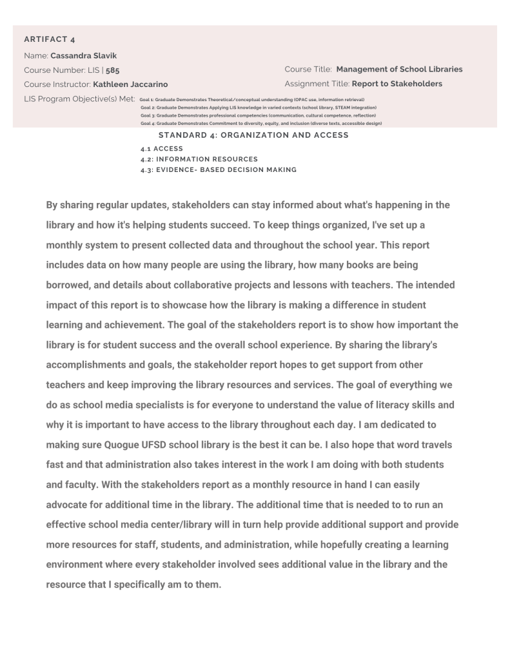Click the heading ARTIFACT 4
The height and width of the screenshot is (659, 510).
tap(50, 40)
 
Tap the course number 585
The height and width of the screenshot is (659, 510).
tap(113, 70)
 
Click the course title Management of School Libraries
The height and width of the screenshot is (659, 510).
tap(399, 69)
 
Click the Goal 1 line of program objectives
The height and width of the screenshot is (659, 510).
tap(252, 100)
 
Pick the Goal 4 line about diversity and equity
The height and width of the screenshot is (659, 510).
tap(261, 123)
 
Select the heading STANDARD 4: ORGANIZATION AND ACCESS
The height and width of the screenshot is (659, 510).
tap(253, 135)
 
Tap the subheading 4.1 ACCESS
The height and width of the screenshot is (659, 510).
tap(161, 149)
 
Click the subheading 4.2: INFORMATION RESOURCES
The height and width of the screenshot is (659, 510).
tap(199, 159)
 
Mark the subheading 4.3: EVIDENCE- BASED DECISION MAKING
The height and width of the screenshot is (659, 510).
tap(219, 169)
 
